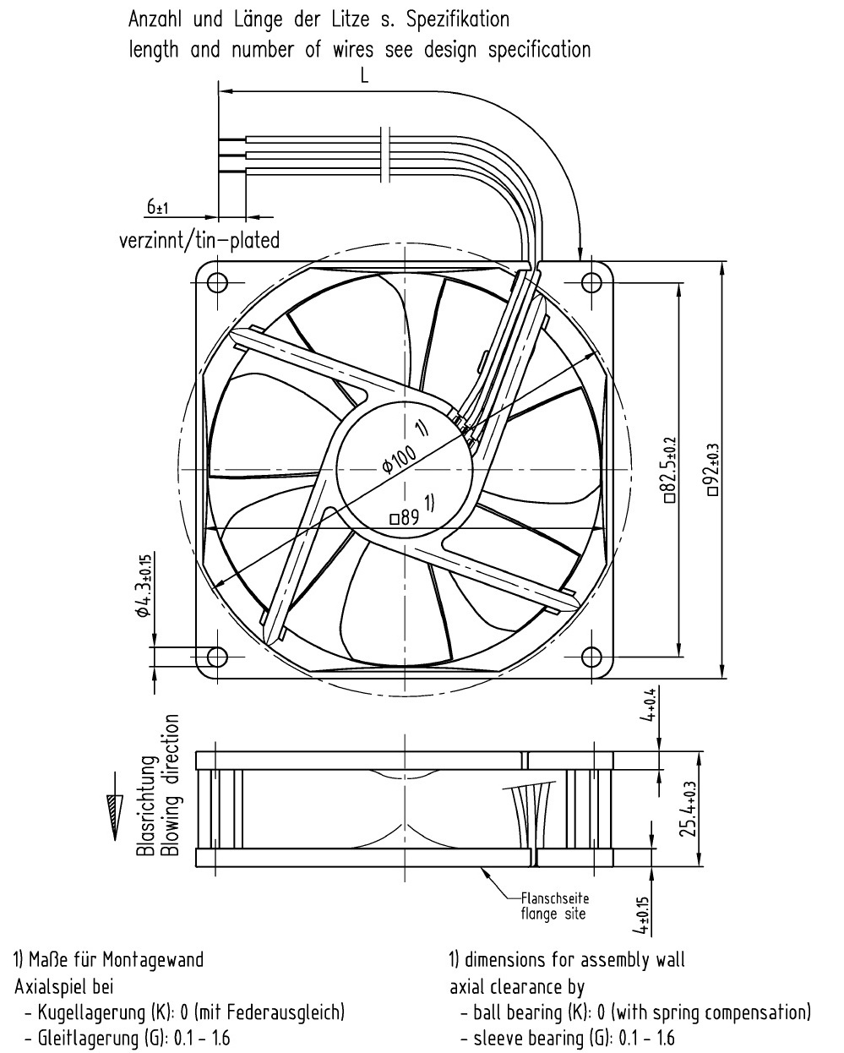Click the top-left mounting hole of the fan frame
click(x=217, y=283)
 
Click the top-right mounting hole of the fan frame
click(x=591, y=283)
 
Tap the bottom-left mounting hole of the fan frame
click(x=217, y=657)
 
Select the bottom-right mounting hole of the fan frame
click(x=591, y=657)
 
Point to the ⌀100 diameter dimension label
click(x=398, y=460)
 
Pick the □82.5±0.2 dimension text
click(x=670, y=470)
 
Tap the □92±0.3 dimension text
click(x=713, y=470)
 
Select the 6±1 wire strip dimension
click(x=157, y=207)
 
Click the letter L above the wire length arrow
click(x=364, y=76)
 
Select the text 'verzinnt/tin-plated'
click(x=199, y=240)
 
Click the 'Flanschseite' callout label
click(x=555, y=898)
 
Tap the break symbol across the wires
click(x=385, y=154)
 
